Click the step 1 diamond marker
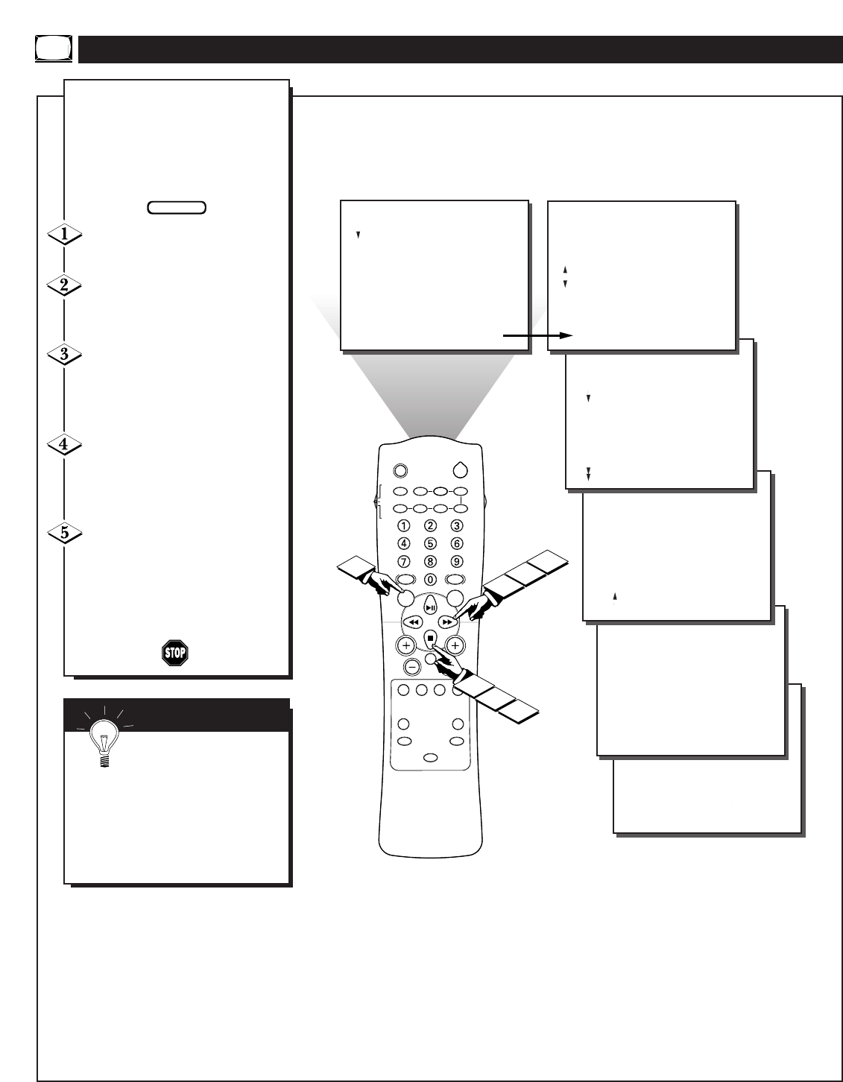(63, 235)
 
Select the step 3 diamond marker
(63, 355)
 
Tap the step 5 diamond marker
(63, 534)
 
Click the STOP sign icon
(175, 654)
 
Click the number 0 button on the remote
(430, 579)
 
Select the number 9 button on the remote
(457, 561)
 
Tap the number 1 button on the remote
(403, 526)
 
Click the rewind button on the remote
(414, 621)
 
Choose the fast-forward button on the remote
(446, 621)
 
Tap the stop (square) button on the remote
(430, 638)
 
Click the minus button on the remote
(411, 666)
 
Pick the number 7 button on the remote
(403, 561)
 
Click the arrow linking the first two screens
(537, 336)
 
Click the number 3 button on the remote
(457, 526)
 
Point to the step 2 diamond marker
(63, 285)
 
